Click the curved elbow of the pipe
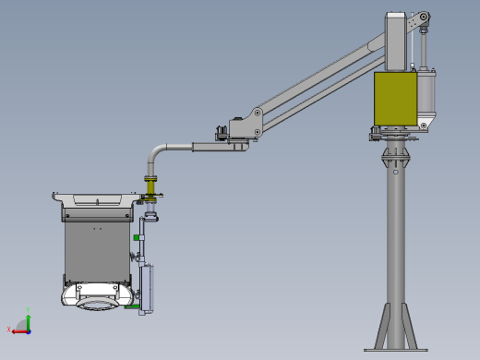[160, 148]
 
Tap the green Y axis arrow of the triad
[28, 318]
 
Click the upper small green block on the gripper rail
[136, 238]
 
